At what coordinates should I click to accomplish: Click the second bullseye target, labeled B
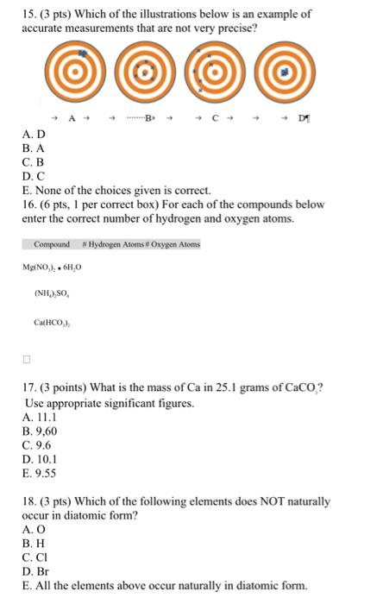pyautogui.click(x=148, y=77)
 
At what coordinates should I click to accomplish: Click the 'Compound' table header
pyautogui.click(x=53, y=244)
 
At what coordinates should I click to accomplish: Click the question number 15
pyautogui.click(x=28, y=14)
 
